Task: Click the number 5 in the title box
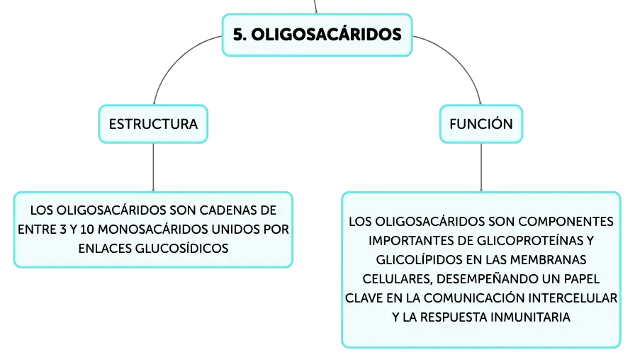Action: (237, 35)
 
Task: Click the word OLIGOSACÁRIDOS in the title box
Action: (327, 35)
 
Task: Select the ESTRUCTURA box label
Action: (153, 124)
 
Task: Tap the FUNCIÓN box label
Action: (481, 123)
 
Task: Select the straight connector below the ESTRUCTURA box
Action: (153, 167)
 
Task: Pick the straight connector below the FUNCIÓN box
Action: (481, 167)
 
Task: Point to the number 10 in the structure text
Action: (86, 230)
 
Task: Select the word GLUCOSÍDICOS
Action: (181, 249)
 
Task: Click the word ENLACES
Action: (105, 249)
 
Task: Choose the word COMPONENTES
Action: (566, 222)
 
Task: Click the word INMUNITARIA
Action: (530, 317)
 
